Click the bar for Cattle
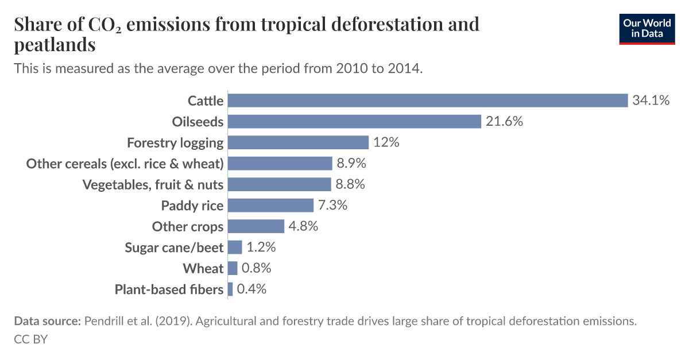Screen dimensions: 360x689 coord(428,100)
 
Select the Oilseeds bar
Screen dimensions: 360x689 coord(354,121)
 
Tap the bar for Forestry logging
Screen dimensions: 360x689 coord(298,142)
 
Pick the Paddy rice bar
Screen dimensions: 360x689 coord(270,206)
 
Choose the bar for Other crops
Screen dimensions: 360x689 coord(256,226)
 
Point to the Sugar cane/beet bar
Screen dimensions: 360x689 coord(235,247)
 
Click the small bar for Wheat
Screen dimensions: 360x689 coord(233,268)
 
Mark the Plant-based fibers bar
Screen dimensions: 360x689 coord(230,289)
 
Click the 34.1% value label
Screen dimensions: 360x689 coord(651,100)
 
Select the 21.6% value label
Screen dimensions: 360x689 coord(504,121)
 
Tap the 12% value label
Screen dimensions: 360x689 coord(386,142)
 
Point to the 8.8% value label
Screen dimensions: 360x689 coord(350,184)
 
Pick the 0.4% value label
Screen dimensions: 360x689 coord(251,289)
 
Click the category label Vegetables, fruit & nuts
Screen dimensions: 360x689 coord(153,184)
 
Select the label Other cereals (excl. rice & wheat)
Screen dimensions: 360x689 coord(125,164)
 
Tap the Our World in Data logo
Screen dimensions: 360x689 coord(647,29)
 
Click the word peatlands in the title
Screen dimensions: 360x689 coord(55,44)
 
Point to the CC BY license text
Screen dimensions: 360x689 coord(30,339)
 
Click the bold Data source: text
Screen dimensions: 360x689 coord(47,322)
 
